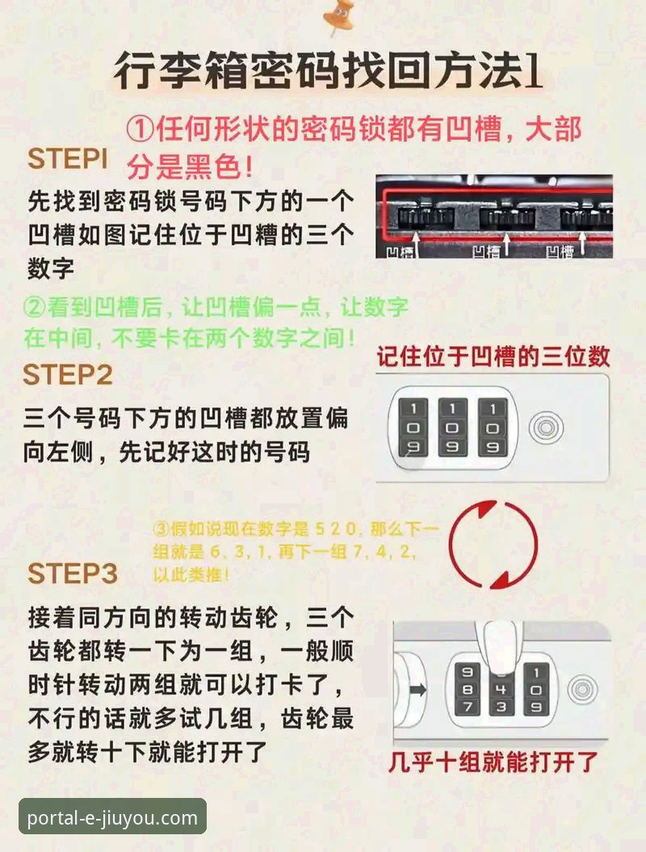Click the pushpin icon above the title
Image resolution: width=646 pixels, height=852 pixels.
[x=338, y=19]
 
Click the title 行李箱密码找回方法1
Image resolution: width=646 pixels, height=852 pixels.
[x=326, y=73]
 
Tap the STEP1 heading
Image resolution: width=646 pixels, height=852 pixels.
[x=68, y=160]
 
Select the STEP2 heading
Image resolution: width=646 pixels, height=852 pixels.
[x=68, y=375]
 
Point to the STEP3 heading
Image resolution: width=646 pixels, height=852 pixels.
[x=73, y=574]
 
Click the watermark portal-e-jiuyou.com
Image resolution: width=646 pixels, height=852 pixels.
[x=112, y=817]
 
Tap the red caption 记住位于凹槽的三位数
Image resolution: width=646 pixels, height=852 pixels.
[x=493, y=356]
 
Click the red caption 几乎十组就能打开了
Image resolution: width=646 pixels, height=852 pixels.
[x=493, y=762]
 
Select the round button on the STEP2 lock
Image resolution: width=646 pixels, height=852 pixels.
[x=547, y=428]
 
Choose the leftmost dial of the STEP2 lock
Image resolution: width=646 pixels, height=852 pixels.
[x=413, y=427]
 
